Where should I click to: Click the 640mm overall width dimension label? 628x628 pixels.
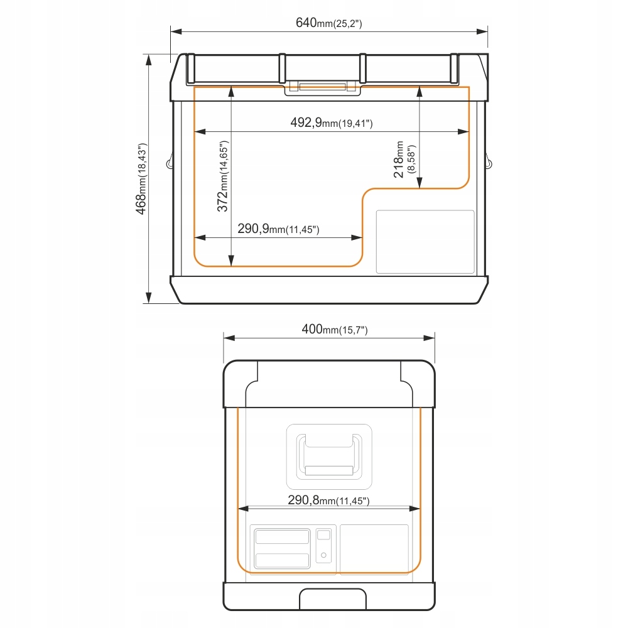(329, 23)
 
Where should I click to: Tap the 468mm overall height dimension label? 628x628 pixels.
(141, 178)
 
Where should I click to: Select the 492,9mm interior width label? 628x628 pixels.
(332, 122)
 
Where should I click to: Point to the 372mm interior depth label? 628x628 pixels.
(222, 176)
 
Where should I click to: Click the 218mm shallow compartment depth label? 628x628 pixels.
(404, 159)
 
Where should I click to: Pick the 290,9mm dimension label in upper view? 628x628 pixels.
(278, 229)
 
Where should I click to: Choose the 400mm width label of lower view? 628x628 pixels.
(335, 329)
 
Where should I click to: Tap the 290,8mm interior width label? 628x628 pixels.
(328, 501)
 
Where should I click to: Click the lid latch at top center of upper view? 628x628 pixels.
(322, 88)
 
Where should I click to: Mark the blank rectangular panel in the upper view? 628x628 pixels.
(425, 242)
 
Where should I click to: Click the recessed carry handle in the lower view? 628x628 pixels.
(329, 457)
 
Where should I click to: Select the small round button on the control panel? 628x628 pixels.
(323, 555)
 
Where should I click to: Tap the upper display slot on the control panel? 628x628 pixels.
(283, 536)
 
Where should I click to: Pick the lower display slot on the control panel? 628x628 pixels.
(283, 560)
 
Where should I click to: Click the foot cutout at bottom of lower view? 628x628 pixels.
(333, 599)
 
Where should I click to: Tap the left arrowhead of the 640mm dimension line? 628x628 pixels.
(176, 31)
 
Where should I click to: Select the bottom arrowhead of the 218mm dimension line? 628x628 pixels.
(420, 183)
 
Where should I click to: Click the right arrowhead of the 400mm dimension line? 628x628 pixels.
(429, 338)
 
